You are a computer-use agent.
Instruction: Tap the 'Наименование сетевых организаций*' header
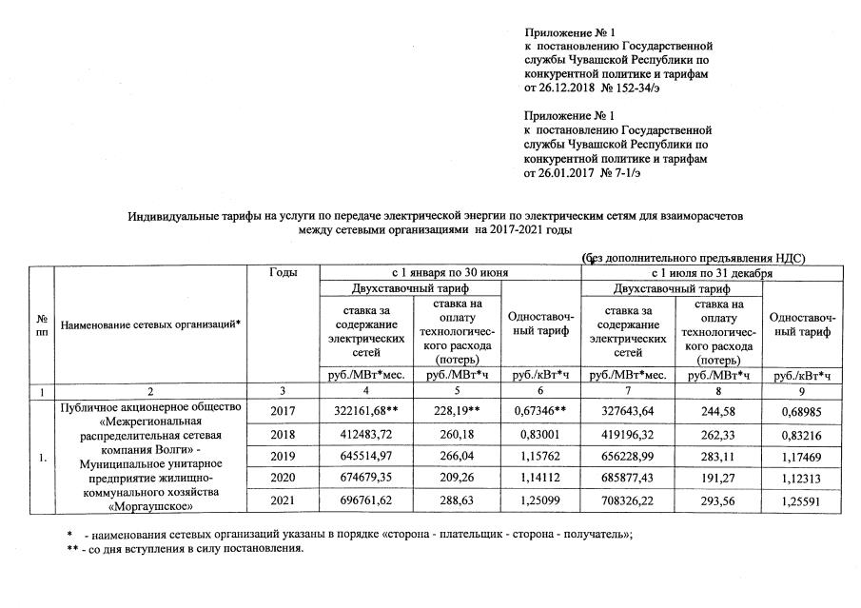150,324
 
